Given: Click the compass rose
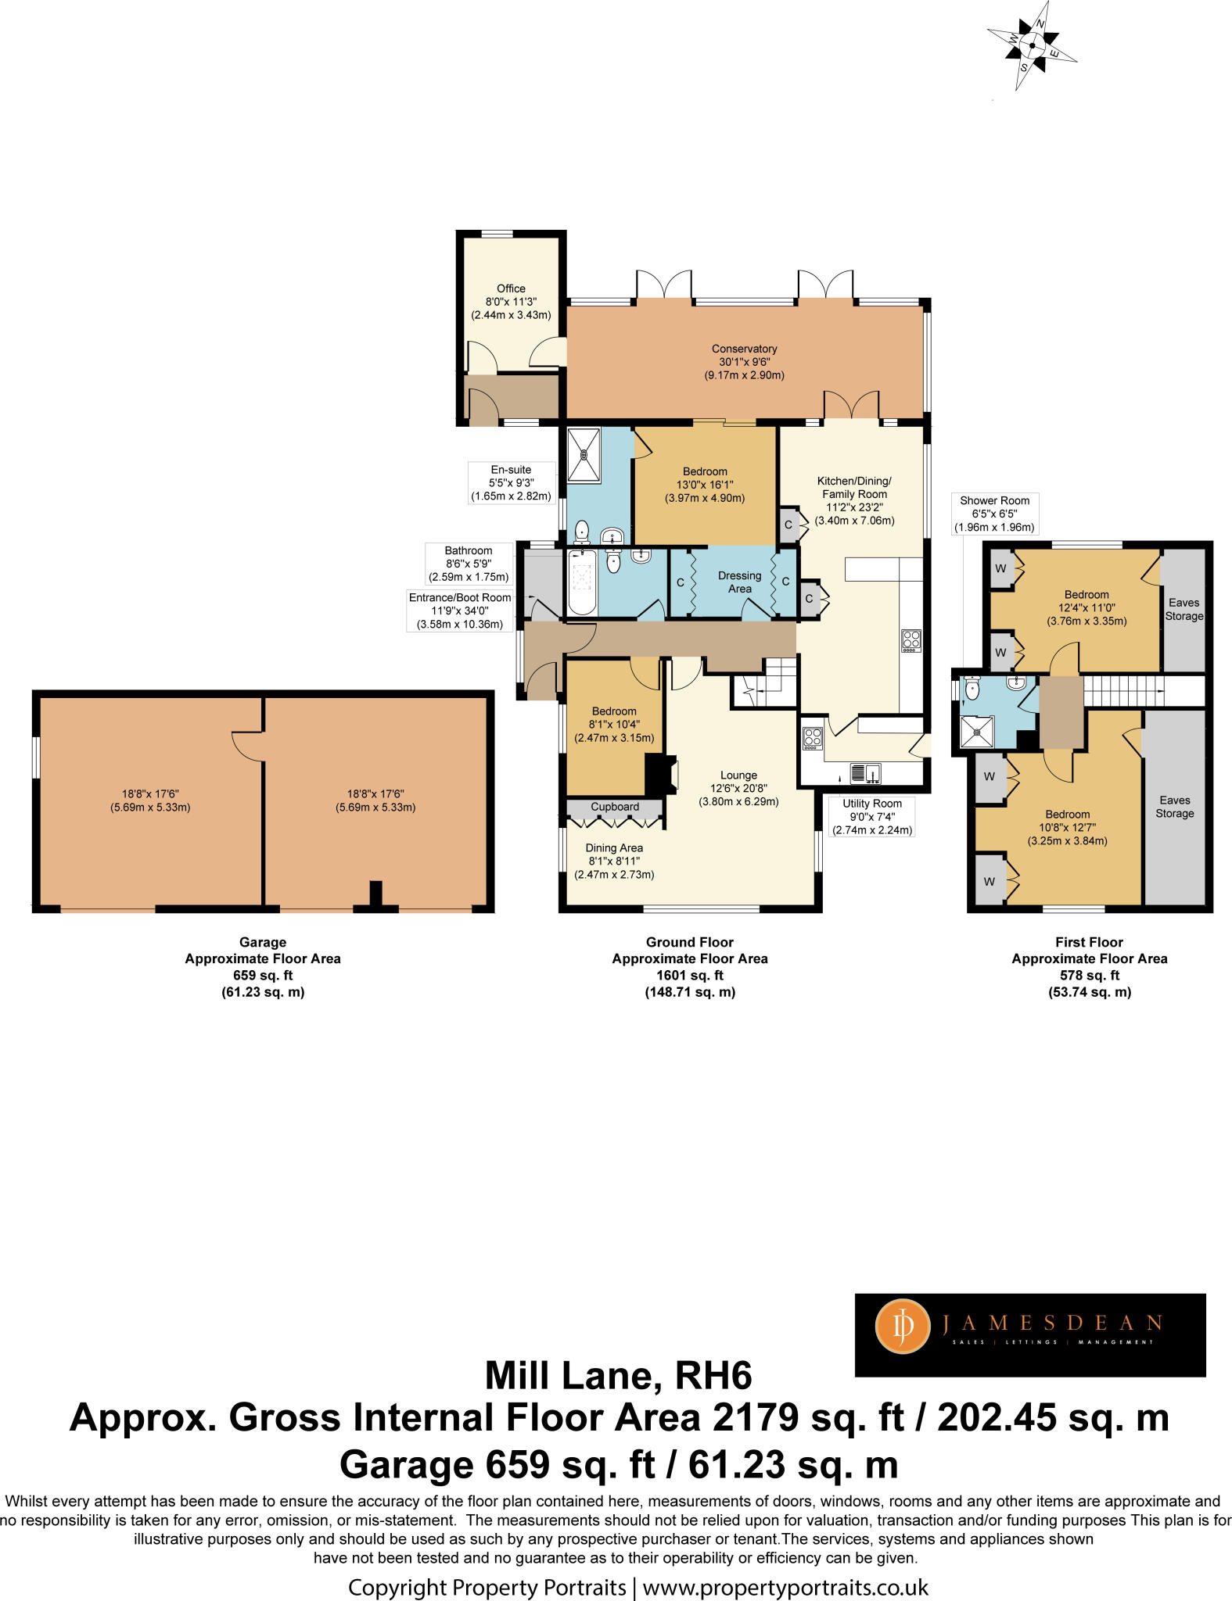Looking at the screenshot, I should click(1032, 45).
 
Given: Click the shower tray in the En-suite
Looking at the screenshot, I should click(584, 455).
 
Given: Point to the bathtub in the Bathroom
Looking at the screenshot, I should click(581, 582).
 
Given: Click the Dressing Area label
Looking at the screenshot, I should click(739, 582).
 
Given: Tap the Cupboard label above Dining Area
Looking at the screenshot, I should click(615, 807).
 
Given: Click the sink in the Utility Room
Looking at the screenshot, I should click(865, 774).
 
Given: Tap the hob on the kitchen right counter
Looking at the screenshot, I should click(911, 640).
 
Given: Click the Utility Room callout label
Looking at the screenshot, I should click(871, 816).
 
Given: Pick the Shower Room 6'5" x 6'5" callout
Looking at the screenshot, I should click(995, 514).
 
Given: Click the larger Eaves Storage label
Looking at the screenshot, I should click(1174, 807).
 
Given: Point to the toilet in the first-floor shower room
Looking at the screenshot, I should click(972, 689).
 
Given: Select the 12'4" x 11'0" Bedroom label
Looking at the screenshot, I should click(1087, 607).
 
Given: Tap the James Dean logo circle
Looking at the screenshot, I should click(903, 1326).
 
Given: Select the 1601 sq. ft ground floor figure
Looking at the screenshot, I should click(689, 975).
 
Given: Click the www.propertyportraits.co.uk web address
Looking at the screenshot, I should click(785, 1588).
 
